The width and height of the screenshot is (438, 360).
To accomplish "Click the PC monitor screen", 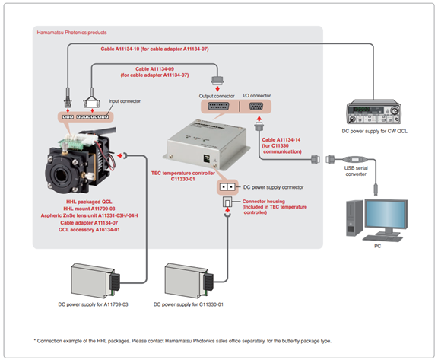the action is click(x=386, y=214).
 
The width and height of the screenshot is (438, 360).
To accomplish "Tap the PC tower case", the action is click(x=354, y=218).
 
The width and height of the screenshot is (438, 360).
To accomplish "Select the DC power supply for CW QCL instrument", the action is click(x=374, y=112).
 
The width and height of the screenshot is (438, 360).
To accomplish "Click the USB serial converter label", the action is click(x=356, y=170).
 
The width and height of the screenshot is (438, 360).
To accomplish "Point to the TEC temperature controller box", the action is click(x=206, y=145).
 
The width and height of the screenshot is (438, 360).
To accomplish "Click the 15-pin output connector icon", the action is click(x=218, y=107).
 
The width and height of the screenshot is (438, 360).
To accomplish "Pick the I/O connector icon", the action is click(x=255, y=107).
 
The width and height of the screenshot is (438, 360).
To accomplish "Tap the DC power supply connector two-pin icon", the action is click(x=227, y=186).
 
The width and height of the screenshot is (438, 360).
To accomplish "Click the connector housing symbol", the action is click(x=227, y=202).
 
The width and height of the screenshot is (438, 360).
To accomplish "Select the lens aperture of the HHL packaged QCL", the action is click(x=60, y=176).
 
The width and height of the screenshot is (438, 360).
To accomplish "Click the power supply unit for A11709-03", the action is click(x=95, y=280).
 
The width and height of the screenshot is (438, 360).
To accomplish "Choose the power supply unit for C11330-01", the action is click(x=189, y=280).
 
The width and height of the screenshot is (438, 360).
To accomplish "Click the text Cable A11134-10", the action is click(x=120, y=49).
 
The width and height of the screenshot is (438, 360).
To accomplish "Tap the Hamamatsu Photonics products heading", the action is click(x=71, y=33).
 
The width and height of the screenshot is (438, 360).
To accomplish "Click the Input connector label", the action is click(x=125, y=101).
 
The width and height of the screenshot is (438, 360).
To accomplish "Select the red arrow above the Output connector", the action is click(x=217, y=89).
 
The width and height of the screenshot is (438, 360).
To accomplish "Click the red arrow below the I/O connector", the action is click(x=259, y=119).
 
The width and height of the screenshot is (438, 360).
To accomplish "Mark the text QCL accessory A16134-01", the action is click(x=89, y=230).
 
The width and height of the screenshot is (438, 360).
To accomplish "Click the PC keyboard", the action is click(x=383, y=238).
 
